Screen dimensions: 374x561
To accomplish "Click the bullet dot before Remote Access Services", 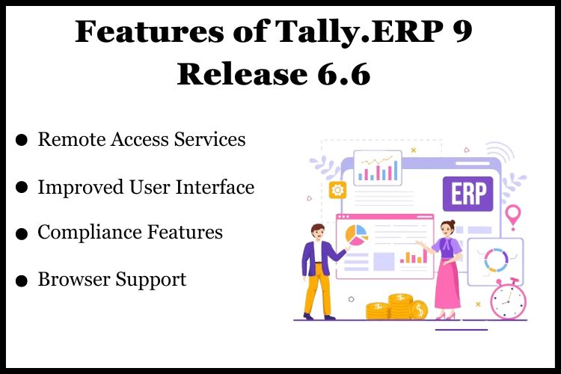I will coord(22,140).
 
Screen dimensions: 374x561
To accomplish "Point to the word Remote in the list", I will coord(69,139).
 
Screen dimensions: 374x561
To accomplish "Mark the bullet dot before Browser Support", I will coord(22,280).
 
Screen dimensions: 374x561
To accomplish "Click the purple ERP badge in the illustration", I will coord(467,194).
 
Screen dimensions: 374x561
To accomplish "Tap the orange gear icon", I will coord(337,190).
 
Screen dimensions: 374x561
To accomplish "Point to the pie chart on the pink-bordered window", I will coord(356,234).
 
